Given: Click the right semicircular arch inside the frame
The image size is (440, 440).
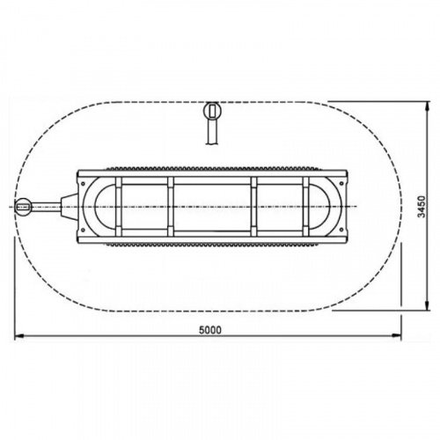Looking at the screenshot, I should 320,206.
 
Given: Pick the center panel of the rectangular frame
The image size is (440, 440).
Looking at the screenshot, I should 212,206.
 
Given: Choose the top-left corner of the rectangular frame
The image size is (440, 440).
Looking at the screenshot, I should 80,170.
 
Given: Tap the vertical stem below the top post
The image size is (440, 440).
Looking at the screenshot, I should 212,132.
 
